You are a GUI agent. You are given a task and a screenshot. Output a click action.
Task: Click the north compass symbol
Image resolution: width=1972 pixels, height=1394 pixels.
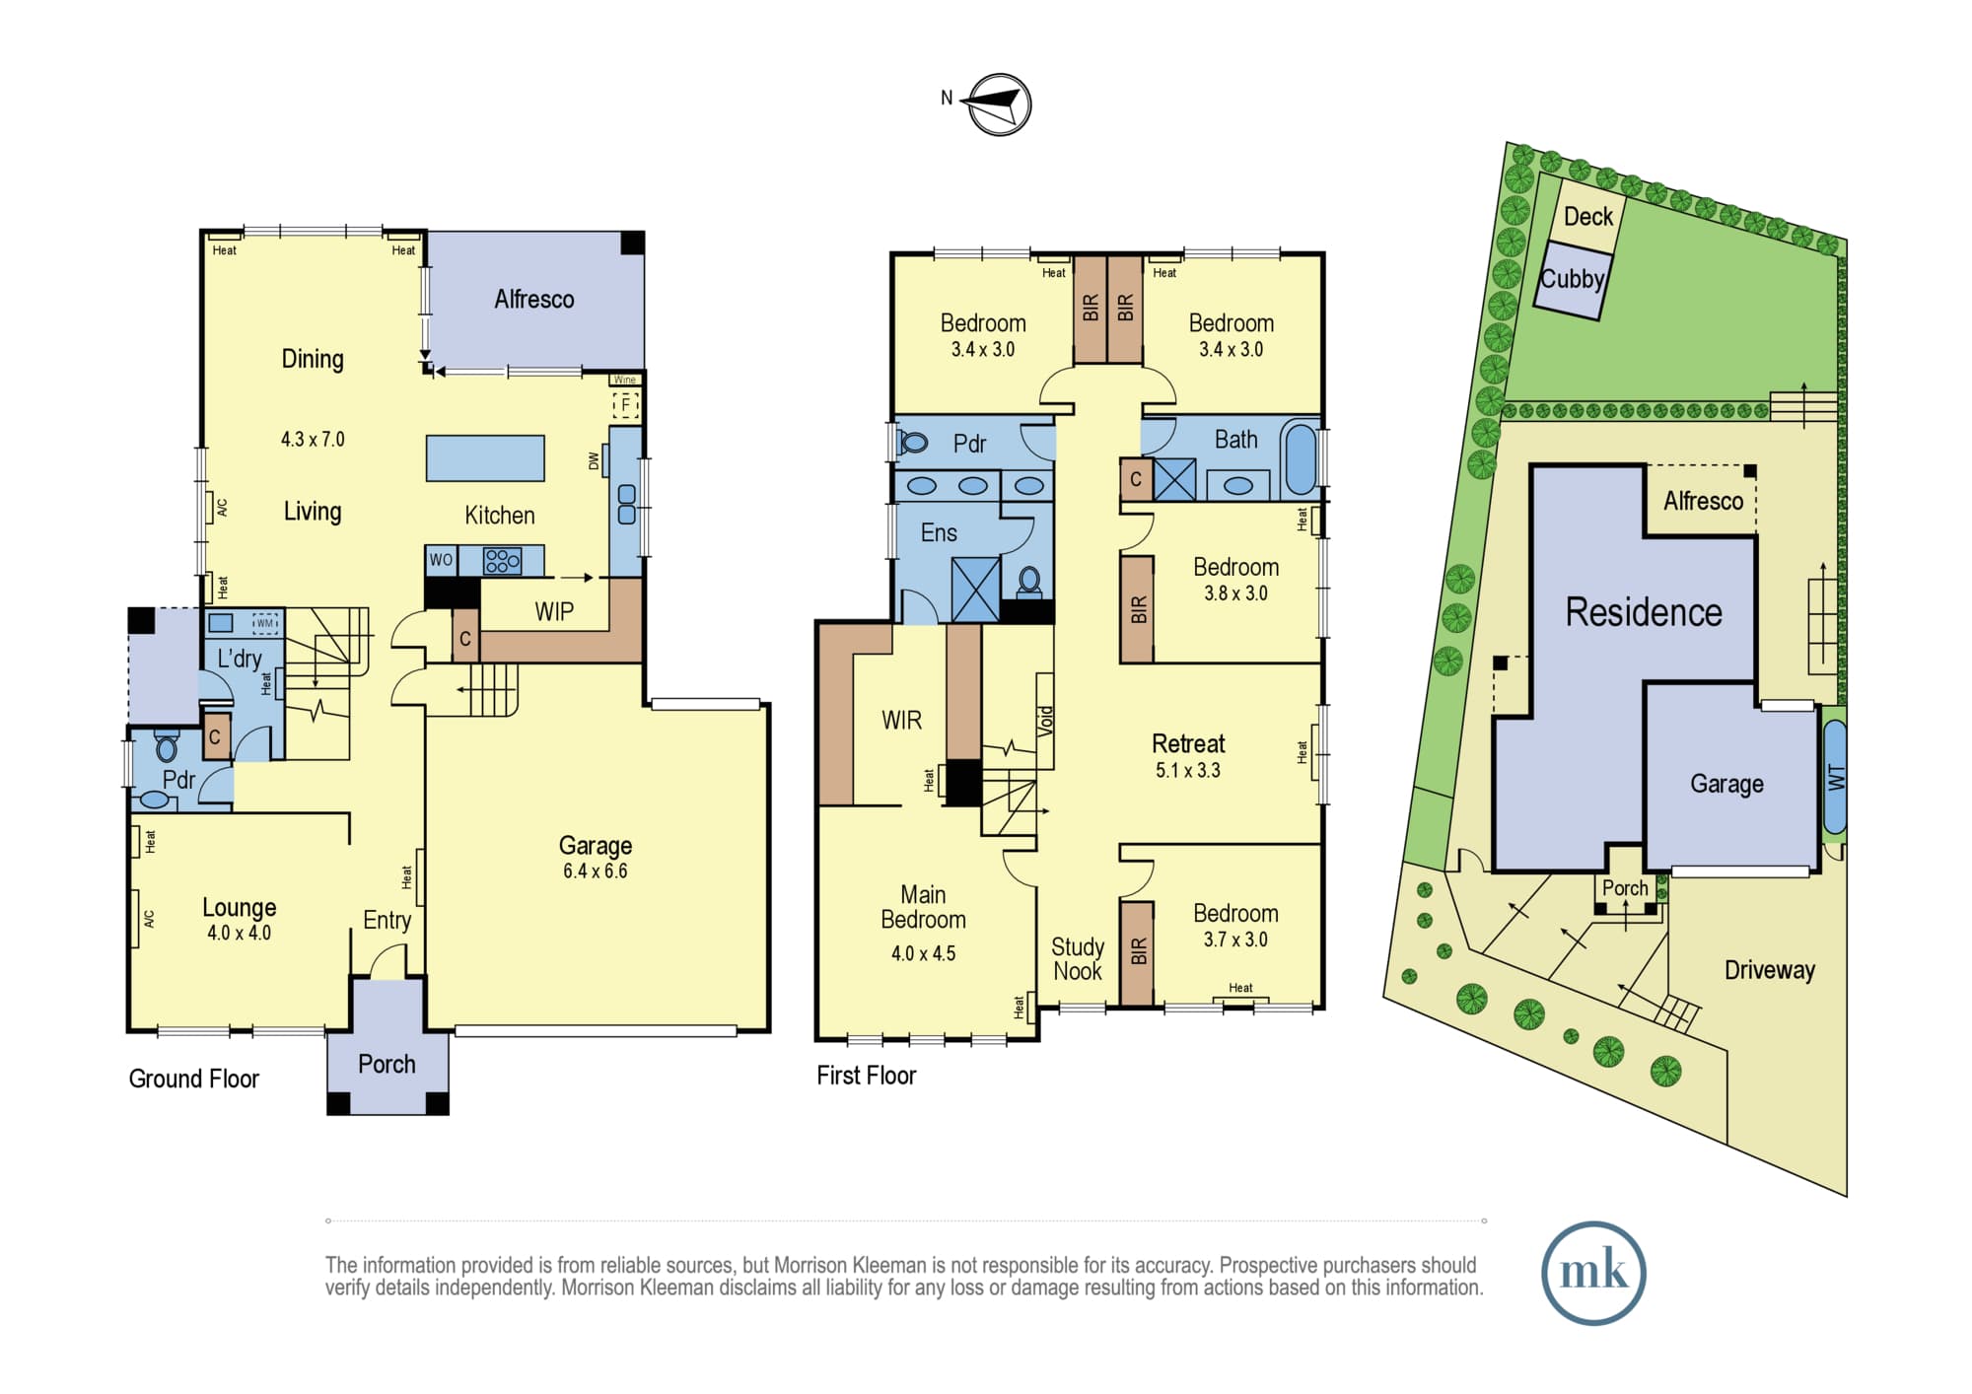click(1000, 105)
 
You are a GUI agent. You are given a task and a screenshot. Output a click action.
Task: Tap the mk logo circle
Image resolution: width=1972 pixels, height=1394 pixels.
click(1593, 1273)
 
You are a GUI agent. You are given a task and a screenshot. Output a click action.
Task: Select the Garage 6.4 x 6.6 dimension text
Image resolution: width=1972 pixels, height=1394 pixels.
click(596, 871)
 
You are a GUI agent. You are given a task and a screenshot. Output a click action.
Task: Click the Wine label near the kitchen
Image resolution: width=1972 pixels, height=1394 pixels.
click(625, 380)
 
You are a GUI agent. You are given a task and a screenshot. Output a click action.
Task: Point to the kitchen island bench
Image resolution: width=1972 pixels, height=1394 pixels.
click(485, 458)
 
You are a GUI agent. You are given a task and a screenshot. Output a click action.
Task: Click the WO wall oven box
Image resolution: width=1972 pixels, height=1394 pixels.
click(441, 560)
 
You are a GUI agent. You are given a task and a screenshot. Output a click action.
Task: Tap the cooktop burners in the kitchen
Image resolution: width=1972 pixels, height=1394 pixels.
click(502, 561)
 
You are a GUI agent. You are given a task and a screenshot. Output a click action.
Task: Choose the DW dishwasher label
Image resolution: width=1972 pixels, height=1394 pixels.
click(594, 460)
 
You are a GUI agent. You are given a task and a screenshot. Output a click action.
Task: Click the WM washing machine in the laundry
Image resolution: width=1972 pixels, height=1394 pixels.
click(265, 623)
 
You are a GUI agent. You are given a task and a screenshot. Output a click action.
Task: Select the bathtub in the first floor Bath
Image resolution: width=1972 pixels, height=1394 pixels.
click(1302, 458)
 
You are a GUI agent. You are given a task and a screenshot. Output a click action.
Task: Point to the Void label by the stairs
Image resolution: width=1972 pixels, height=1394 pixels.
click(1046, 721)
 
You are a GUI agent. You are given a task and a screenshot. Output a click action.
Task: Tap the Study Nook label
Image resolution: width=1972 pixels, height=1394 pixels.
click(1078, 959)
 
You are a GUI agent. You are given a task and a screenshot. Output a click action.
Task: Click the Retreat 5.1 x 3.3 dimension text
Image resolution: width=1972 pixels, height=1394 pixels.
click(1188, 771)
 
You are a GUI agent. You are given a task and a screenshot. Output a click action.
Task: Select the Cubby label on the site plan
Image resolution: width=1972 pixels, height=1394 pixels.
click(1573, 279)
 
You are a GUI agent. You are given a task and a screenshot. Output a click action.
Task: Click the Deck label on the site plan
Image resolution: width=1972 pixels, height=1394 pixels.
click(1588, 217)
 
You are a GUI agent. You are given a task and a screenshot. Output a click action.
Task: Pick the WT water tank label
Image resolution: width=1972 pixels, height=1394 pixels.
click(1836, 778)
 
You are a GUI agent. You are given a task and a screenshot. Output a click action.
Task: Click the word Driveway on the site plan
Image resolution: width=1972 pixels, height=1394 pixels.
click(1770, 970)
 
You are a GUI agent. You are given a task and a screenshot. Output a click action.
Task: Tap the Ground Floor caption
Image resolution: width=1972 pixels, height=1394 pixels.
click(194, 1079)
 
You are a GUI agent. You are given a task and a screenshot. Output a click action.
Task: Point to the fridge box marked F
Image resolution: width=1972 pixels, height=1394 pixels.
click(625, 404)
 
